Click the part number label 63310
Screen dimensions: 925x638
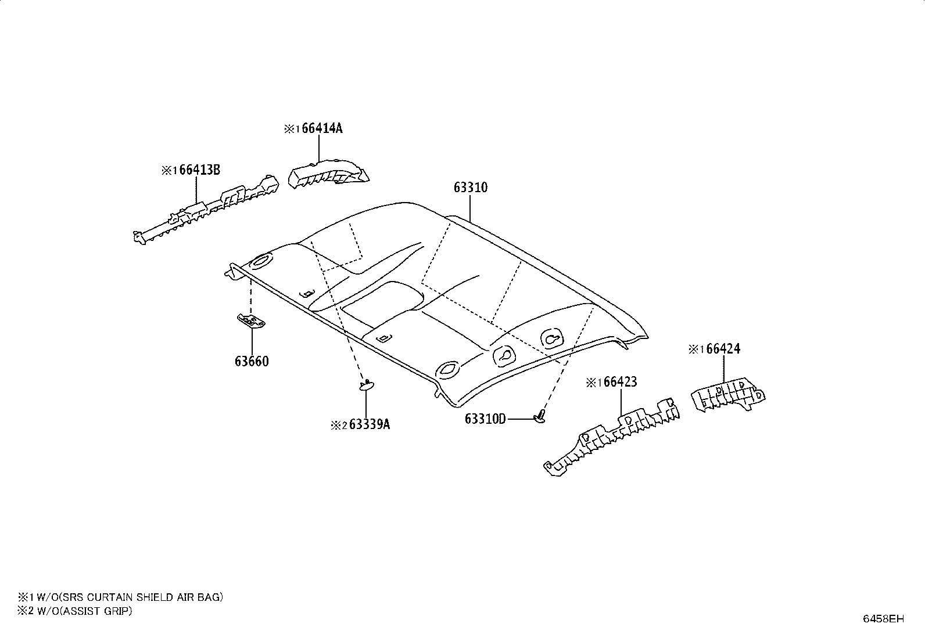click(x=471, y=188)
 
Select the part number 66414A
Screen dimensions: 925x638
click(x=322, y=129)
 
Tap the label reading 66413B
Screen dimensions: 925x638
click(x=200, y=170)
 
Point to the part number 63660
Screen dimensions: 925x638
click(x=252, y=362)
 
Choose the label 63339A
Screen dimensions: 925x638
click(x=370, y=424)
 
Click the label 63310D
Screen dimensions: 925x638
click(x=485, y=419)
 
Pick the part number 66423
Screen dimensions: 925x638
click(x=620, y=382)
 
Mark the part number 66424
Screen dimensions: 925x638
click(x=723, y=349)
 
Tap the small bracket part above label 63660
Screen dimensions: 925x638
click(x=251, y=321)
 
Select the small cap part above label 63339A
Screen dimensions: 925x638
click(x=366, y=385)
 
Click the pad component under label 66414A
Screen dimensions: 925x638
click(x=329, y=175)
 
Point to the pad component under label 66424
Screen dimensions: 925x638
click(x=728, y=394)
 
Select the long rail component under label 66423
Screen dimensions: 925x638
click(x=612, y=438)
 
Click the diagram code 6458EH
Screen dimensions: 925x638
click(x=883, y=619)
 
